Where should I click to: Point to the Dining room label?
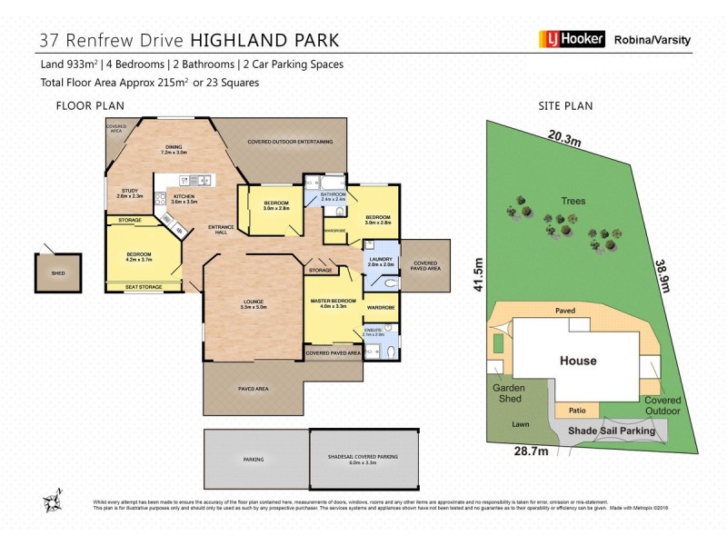(x=174, y=150)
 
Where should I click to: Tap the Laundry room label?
(x=380, y=261)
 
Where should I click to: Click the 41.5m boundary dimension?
(x=473, y=273)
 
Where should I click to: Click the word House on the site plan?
(x=578, y=361)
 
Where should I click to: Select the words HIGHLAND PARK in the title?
(x=265, y=40)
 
